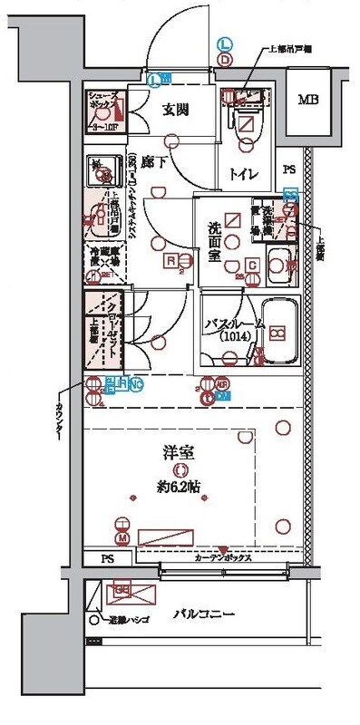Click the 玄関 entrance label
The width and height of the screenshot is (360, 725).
(x=175, y=111)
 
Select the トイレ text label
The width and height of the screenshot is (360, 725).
(x=244, y=174)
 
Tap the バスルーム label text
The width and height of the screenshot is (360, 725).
(x=233, y=322)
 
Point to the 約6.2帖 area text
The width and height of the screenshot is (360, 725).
(x=181, y=485)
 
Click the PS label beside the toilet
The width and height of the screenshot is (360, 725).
(x=289, y=169)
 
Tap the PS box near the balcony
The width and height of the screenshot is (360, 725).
(x=106, y=558)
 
